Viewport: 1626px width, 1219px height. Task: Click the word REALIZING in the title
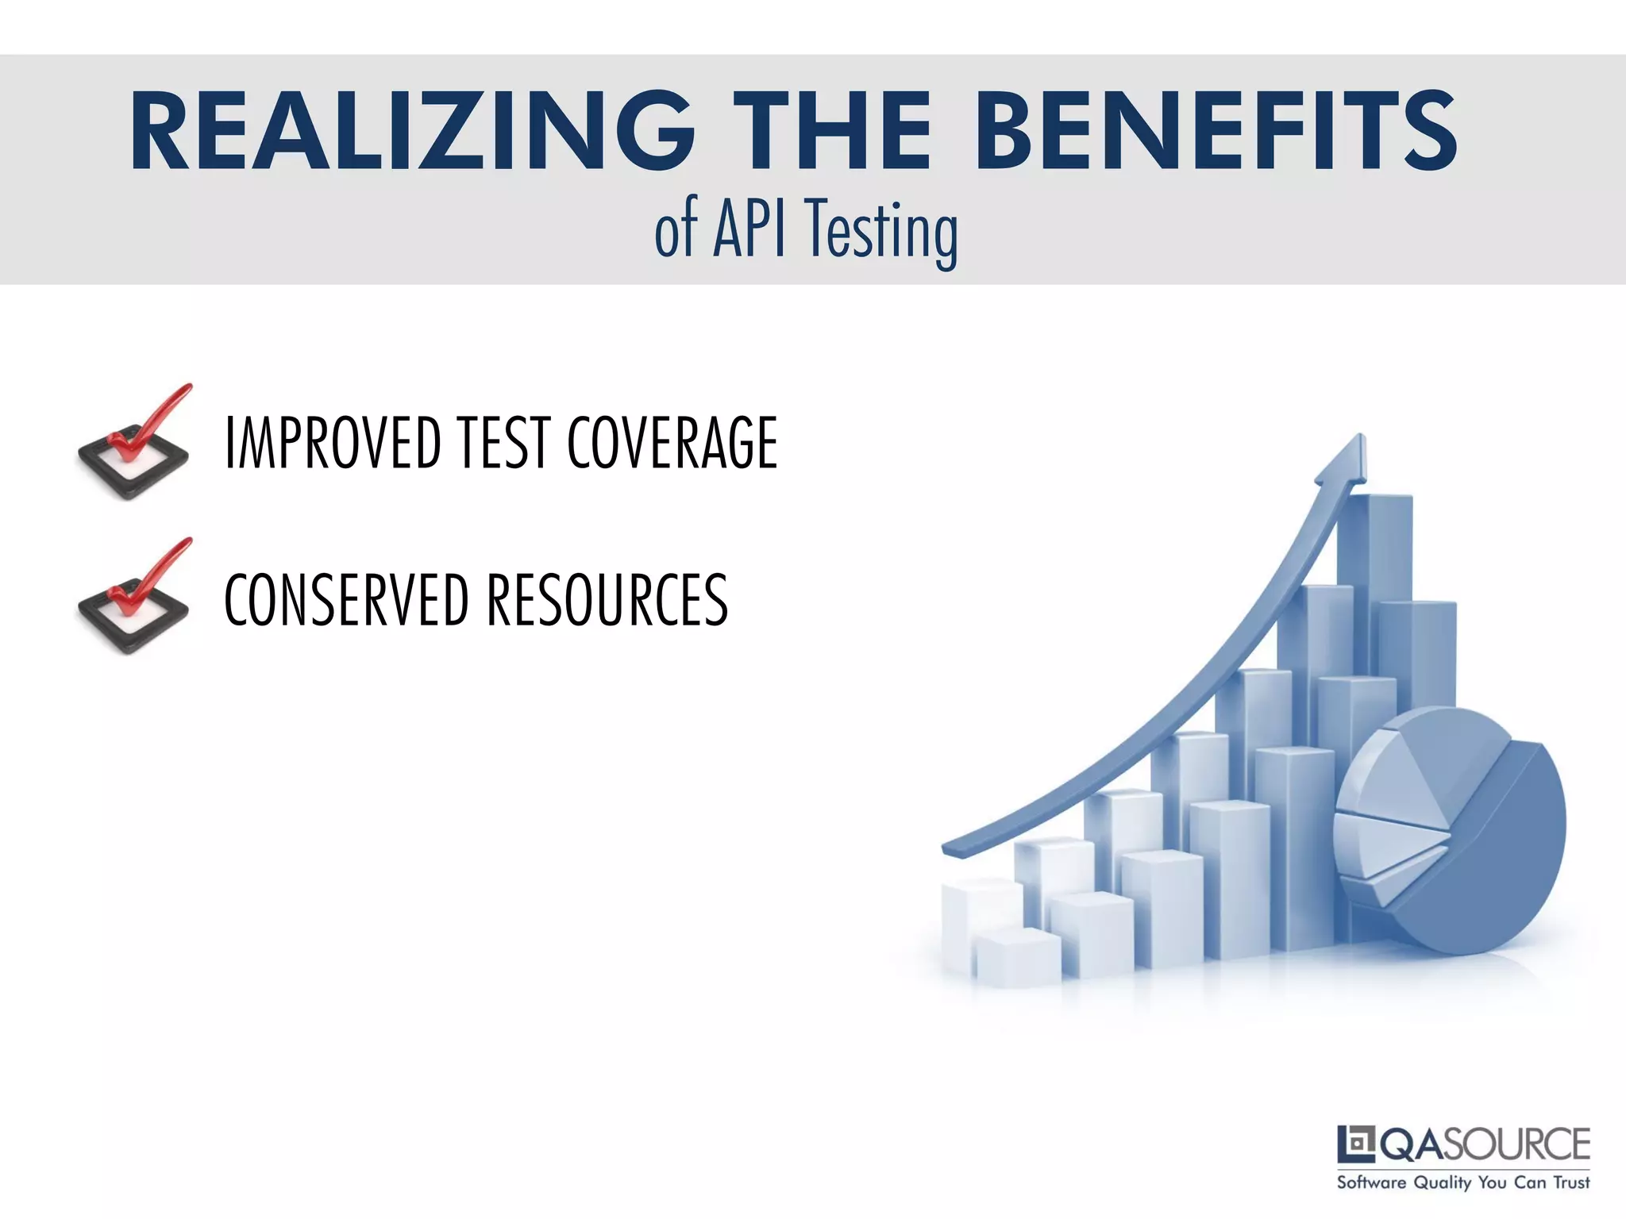410,132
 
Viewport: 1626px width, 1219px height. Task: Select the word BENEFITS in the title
1216,132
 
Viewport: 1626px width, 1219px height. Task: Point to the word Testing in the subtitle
880,232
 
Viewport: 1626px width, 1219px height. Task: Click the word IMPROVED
333,443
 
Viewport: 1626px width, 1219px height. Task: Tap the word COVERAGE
672,443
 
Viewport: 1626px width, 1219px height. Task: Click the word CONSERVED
346,599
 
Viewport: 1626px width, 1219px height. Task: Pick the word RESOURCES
607,599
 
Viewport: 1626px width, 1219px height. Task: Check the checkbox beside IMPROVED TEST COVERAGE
134,451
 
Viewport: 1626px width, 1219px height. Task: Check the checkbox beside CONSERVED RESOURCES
134,605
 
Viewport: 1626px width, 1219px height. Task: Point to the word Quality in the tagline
1443,1183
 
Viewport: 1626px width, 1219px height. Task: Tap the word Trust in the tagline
1571,1183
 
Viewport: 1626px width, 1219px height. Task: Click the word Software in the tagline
1371,1183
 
